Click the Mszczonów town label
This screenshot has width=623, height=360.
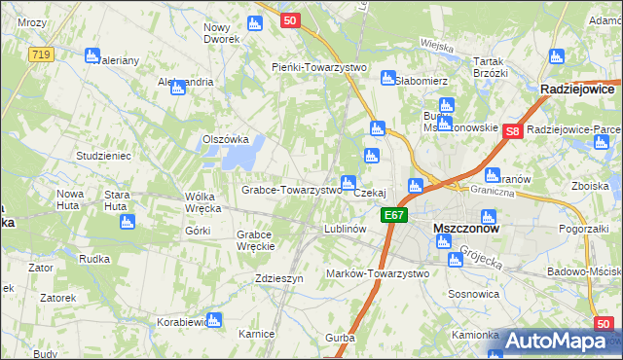pos(465,230)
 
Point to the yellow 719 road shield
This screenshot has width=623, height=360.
pos(40,54)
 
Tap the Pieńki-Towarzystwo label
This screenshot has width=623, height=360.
pos(317,67)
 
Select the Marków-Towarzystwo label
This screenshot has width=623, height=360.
pos(378,273)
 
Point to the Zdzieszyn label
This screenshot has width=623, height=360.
pos(279,277)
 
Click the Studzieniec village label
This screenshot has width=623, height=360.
pos(103,156)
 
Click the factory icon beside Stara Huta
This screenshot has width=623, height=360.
pos(126,222)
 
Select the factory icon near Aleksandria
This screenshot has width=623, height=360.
pos(178,89)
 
